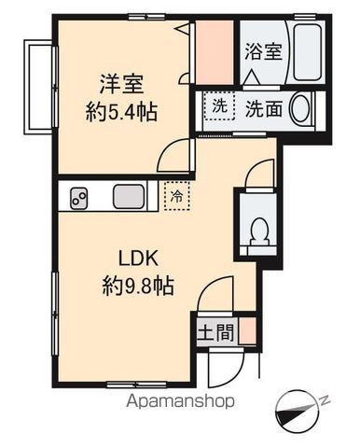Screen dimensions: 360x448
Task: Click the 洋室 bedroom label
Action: tap(121, 84)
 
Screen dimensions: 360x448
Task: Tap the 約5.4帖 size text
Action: tap(121, 112)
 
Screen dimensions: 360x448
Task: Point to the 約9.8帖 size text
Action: tap(138, 286)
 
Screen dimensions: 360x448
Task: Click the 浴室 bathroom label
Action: tap(263, 51)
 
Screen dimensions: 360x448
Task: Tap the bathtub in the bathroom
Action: tap(307, 51)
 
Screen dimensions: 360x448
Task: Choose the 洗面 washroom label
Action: tap(264, 109)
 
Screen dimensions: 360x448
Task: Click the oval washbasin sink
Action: tap(300, 109)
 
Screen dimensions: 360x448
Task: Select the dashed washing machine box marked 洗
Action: tap(219, 106)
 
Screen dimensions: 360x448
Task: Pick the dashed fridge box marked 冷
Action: tap(177, 196)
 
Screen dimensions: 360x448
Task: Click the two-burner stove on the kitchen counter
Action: tap(78, 198)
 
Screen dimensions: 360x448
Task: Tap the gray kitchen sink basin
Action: tap(129, 197)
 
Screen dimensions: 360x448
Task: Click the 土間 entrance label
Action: tap(215, 332)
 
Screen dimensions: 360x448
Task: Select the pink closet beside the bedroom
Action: tap(215, 52)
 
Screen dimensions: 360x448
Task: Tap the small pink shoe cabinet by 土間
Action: tap(248, 331)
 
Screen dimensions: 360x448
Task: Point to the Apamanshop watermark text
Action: tap(180, 401)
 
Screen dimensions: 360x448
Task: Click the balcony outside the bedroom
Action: tap(39, 87)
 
